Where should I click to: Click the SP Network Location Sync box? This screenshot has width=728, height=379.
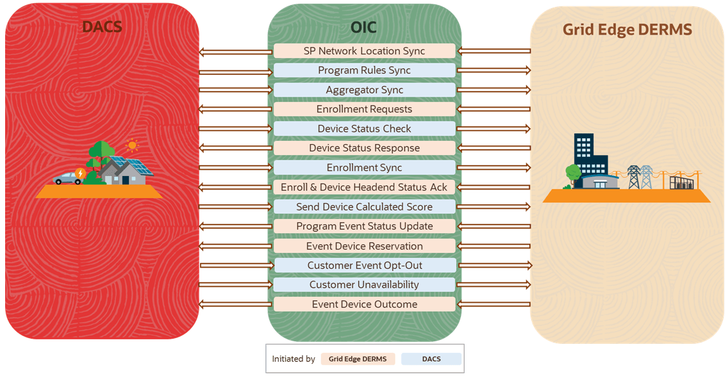pos(364,51)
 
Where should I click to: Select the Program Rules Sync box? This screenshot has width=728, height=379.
pos(364,70)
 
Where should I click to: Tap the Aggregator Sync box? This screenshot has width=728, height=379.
pos(364,90)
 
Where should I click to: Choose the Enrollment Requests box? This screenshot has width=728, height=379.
pos(364,109)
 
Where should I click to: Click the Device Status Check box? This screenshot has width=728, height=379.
pos(364,129)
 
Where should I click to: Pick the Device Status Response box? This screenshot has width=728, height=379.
pos(364,149)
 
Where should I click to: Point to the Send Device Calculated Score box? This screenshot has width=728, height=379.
pos(364,207)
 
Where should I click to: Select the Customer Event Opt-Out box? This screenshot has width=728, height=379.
pos(364,265)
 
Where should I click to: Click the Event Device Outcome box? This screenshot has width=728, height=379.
pos(364,304)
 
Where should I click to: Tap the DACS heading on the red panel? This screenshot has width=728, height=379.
pos(102,27)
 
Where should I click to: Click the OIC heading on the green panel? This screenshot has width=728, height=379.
pos(363,27)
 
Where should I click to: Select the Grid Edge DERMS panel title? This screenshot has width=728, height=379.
pos(627,30)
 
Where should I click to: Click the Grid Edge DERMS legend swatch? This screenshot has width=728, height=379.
pos(358,359)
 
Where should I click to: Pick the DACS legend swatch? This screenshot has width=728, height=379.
pos(431,359)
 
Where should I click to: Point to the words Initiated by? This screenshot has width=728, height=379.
pos(294,359)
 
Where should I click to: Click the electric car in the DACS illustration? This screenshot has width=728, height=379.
pos(67,179)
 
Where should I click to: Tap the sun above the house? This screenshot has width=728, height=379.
pos(132,145)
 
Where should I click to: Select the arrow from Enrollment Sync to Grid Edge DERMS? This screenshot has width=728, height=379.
pos(494,168)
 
